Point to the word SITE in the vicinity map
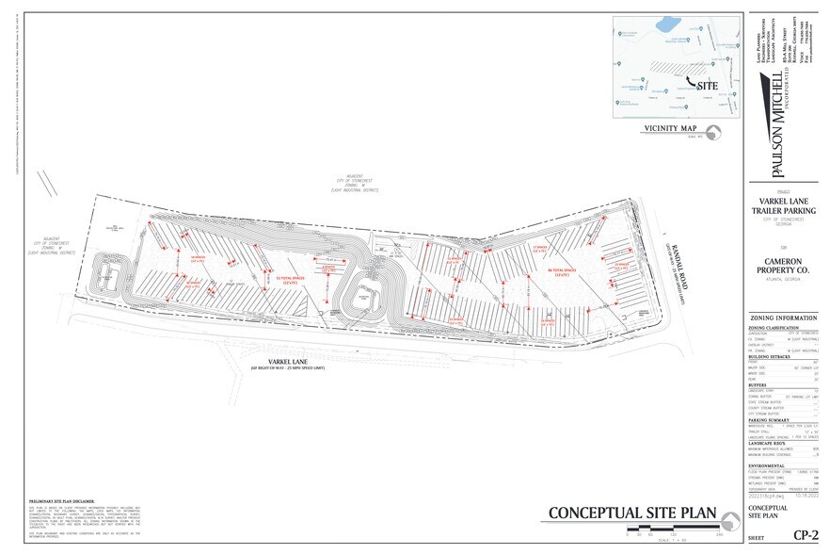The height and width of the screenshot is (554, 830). point(709,86)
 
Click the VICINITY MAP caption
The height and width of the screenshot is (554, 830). point(670,128)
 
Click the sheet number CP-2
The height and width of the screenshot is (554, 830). point(803,534)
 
